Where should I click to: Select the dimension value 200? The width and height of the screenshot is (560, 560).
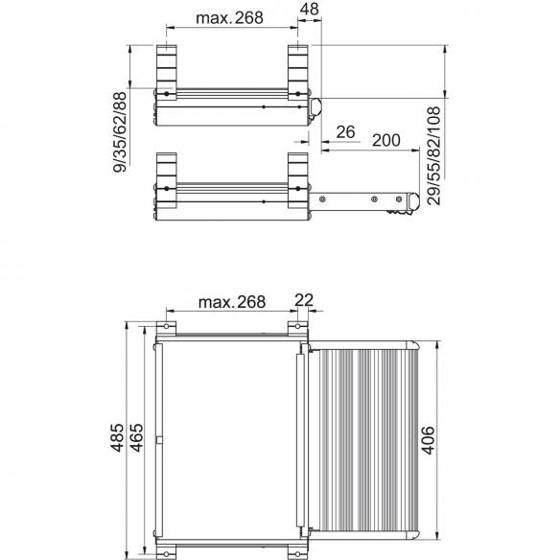click(x=385, y=140)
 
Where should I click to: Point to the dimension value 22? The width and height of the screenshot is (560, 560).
click(x=304, y=301)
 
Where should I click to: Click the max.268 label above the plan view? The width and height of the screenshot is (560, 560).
click(x=230, y=302)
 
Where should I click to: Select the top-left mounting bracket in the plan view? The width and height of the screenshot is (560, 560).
click(x=168, y=329)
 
